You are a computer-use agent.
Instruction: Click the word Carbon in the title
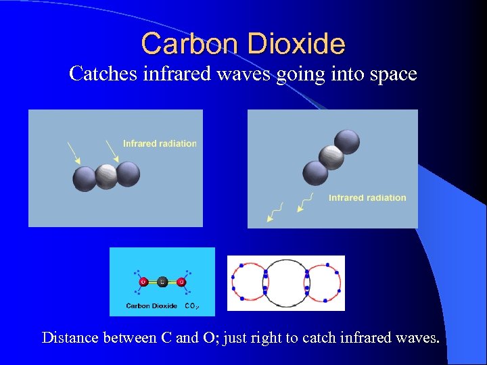pos(187,44)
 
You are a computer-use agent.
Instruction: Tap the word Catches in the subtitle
pos(103,74)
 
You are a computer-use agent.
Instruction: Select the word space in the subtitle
pos(392,74)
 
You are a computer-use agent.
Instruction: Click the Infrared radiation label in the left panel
pos(160,143)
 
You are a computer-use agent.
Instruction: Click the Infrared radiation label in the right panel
pos(367,198)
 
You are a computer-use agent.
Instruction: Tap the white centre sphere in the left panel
pos(106,176)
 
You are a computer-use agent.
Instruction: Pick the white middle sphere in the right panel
pos(331,157)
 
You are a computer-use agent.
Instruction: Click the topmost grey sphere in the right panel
pos(347,142)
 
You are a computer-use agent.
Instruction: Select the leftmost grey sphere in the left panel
pos(85,179)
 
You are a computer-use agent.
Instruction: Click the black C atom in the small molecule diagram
pos(162,282)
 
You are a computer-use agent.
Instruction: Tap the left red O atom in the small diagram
pos(143,282)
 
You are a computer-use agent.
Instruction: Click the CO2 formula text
pos(191,306)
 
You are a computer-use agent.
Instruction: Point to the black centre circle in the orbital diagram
pos(285,283)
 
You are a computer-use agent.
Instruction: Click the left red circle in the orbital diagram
pos(248,283)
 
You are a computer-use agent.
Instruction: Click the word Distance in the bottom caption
pos(70,337)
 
